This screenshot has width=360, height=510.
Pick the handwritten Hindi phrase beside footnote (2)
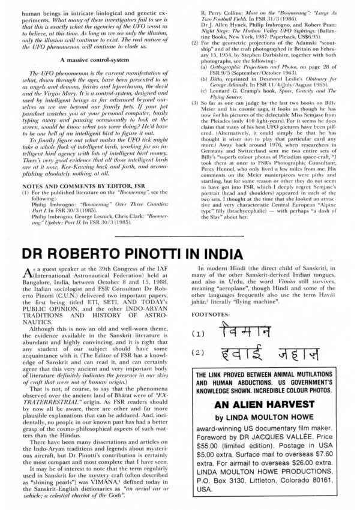[x=268, y=354]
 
